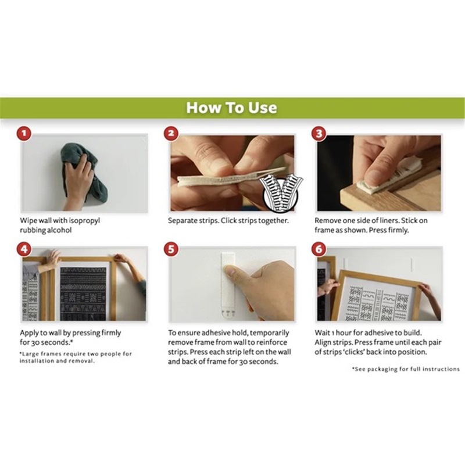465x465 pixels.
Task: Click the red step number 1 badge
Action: pos(24,133)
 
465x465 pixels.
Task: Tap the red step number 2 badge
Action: pos(171,133)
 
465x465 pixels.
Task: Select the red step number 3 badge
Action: pos(319,133)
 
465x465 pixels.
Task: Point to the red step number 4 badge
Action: pos(24,249)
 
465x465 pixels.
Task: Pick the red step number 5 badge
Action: pos(171,249)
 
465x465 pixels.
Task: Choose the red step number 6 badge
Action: pos(319,249)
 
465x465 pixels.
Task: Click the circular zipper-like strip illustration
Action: pos(281,194)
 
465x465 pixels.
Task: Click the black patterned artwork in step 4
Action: pos(83,294)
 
